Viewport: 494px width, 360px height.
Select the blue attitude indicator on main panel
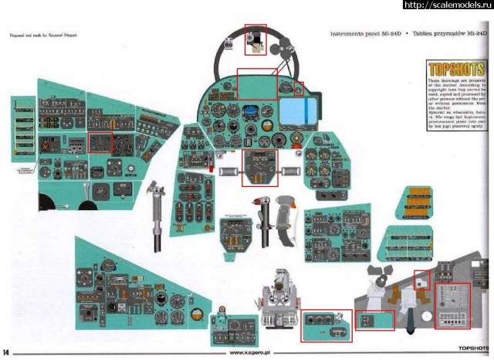[x=251, y=117]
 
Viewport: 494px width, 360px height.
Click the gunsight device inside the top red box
[x=254, y=40]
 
